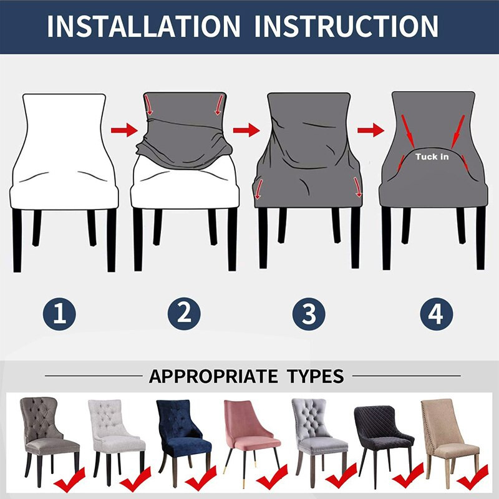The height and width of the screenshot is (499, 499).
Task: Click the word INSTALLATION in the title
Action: click(143, 26)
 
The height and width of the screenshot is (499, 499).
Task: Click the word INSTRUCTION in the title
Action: click(347, 26)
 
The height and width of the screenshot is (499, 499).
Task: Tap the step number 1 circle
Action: click(59, 314)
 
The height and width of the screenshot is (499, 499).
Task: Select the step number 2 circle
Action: click(184, 314)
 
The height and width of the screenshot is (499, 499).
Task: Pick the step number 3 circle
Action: click(309, 314)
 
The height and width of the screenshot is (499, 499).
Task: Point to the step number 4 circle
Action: click(436, 314)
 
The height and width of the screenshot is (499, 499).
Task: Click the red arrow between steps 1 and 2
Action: click(124, 130)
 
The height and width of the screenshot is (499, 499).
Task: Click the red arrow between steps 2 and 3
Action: click(246, 130)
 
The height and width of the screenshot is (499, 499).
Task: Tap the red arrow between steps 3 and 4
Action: click(371, 130)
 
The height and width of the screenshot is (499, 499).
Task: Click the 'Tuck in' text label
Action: click(432, 157)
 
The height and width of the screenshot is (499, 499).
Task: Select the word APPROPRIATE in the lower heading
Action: click(213, 376)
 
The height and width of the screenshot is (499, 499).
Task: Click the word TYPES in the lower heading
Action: click(315, 376)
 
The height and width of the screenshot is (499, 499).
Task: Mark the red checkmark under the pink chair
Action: click(272, 477)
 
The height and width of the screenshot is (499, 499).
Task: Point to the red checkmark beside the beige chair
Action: click(472, 477)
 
